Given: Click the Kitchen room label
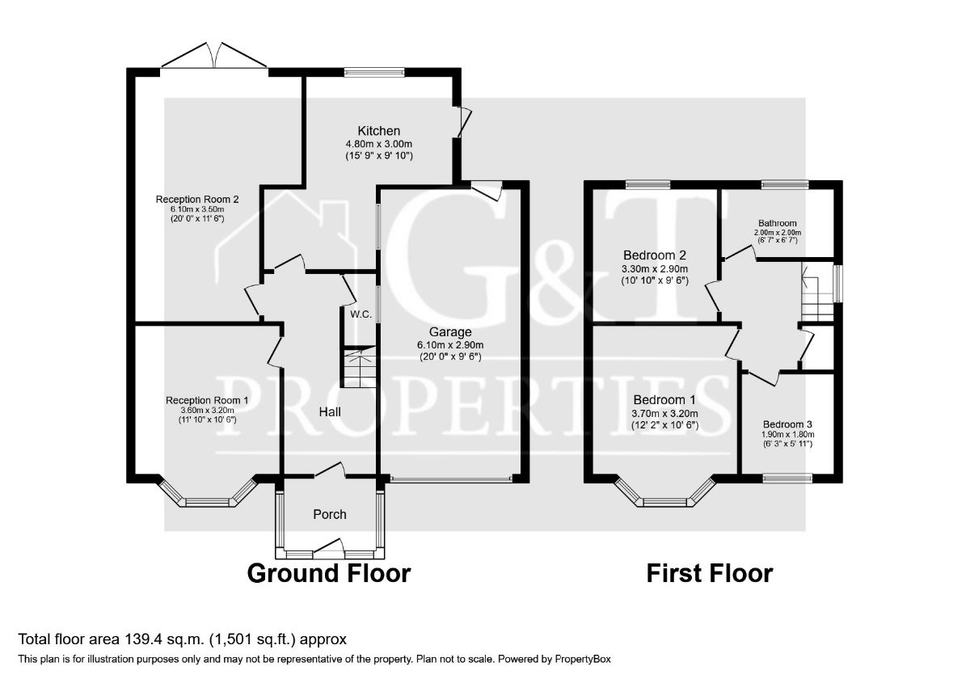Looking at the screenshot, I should (379, 130).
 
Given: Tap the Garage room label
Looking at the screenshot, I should (451, 331).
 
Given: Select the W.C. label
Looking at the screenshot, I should (361, 314).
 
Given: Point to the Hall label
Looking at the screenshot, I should (329, 412).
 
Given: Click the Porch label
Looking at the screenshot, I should (329, 514).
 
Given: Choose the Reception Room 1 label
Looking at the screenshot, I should (207, 400).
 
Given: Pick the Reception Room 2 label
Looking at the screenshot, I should (197, 198).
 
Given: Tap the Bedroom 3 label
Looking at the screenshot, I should (788, 424).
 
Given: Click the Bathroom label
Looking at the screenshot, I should (777, 223).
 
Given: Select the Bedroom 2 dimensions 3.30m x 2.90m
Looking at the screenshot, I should (654, 269).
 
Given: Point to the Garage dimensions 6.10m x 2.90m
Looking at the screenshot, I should (451, 345).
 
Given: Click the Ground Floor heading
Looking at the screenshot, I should (328, 573).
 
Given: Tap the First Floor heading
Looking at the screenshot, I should (709, 573).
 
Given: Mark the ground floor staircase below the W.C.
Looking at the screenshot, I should (356, 368).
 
